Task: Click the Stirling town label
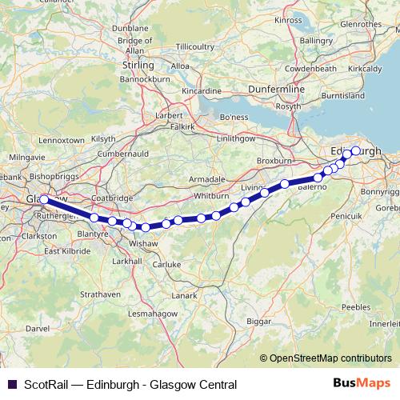137,64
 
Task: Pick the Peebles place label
356,306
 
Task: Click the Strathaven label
102,294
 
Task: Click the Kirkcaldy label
365,69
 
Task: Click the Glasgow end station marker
44,200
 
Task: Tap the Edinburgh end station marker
355,150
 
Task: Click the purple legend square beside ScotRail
10,382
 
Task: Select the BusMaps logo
361,382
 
